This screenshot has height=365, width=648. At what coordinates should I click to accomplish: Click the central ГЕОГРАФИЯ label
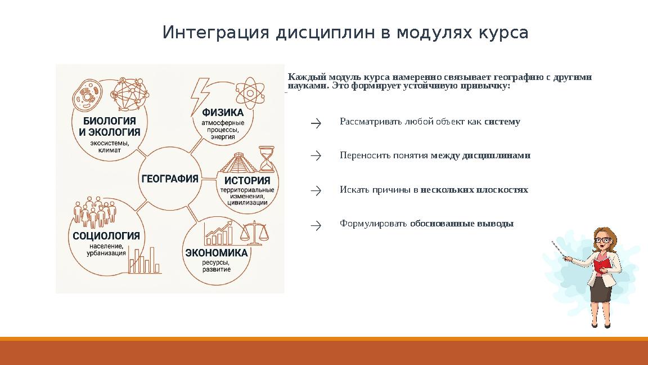click(169, 179)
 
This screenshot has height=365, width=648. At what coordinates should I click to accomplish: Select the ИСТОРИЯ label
click(247, 181)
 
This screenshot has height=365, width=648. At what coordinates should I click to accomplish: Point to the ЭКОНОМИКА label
click(217, 253)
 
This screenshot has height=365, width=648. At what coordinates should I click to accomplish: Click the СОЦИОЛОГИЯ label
click(106, 236)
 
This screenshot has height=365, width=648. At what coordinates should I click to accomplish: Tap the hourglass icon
click(266, 159)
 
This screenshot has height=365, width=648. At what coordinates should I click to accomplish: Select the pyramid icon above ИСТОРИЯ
click(237, 163)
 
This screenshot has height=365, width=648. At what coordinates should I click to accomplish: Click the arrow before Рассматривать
click(316, 123)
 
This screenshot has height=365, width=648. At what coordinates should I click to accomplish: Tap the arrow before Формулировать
click(316, 225)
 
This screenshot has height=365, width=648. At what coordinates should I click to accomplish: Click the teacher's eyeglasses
click(602, 240)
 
